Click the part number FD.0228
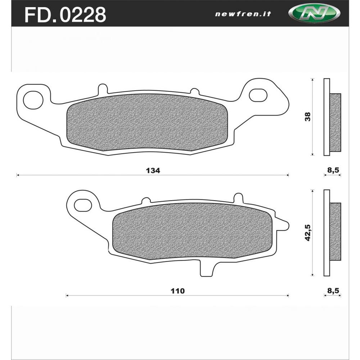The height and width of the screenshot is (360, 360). (65, 14)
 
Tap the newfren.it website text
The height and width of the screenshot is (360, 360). (243, 14)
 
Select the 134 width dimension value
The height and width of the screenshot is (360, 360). (153, 170)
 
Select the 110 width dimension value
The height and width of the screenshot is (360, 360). (178, 291)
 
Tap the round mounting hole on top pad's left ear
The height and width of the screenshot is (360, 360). (33, 100)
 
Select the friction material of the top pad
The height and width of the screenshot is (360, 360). (148, 122)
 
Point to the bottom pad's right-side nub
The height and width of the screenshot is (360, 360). (283, 225)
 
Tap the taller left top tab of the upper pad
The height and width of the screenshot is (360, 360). (103, 89)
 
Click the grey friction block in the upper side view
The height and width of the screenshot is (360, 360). (335, 122)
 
